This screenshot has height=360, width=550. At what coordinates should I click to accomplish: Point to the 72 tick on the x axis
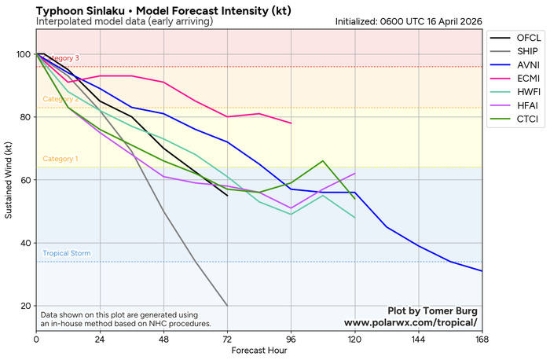[227, 339]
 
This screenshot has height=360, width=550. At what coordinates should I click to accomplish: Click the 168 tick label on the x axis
[482, 339]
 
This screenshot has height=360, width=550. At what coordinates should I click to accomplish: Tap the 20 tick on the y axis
[26, 306]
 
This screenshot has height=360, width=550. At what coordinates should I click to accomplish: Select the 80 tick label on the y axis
[26, 117]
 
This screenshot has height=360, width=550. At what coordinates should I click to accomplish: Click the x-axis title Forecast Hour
[259, 351]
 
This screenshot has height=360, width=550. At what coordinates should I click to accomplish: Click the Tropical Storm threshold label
[66, 254]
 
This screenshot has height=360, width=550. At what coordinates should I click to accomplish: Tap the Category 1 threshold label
[60, 159]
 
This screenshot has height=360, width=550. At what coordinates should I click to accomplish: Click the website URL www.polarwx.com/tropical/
[410, 322]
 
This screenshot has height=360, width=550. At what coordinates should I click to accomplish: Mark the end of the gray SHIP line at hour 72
[227, 306]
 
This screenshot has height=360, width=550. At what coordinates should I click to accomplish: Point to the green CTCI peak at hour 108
[323, 161]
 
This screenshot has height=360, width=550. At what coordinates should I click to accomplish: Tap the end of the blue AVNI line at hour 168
[482, 271]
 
